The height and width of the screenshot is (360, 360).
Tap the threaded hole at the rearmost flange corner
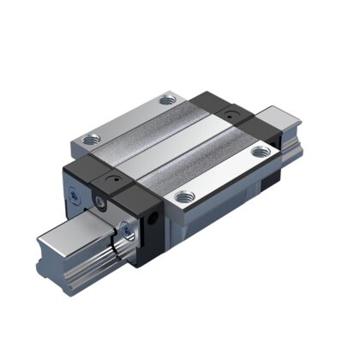166,101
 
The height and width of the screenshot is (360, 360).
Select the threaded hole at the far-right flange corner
260,153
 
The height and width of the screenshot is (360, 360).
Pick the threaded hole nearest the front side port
181,196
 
